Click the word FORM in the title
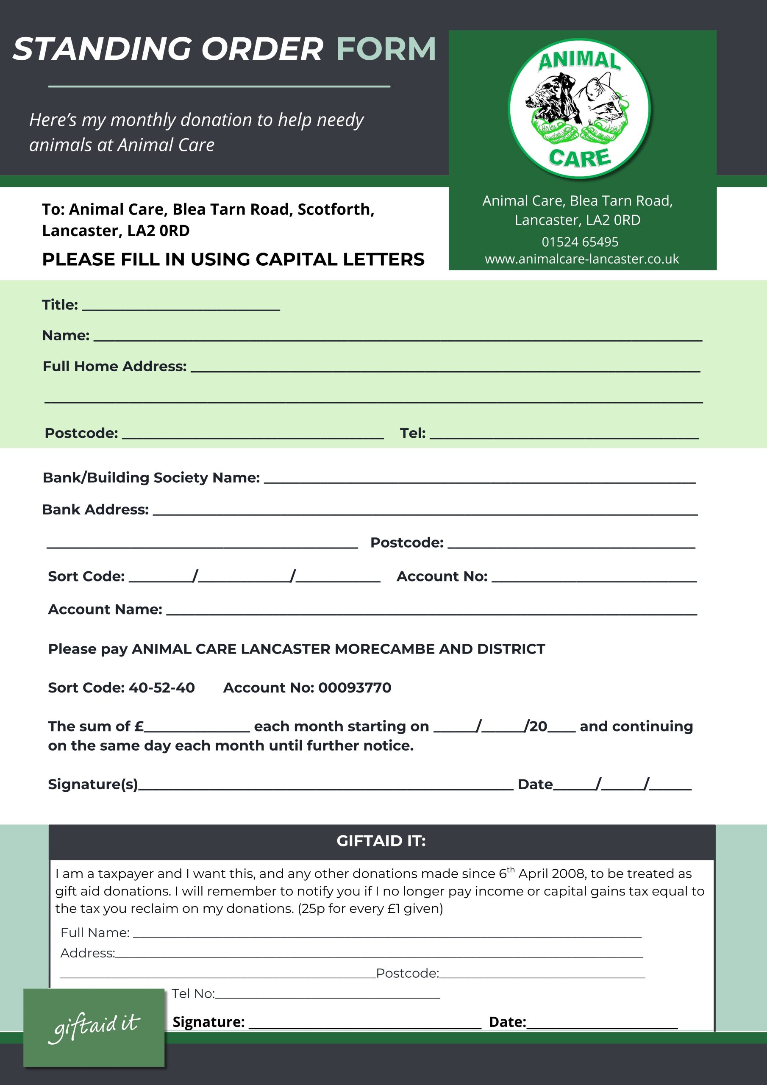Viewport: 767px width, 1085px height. click(386, 49)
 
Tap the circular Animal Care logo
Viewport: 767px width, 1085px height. click(579, 108)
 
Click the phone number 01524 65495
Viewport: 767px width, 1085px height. click(580, 242)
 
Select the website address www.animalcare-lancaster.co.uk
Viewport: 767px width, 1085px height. click(582, 259)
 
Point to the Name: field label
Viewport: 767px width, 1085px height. click(66, 336)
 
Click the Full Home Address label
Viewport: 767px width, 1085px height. click(115, 366)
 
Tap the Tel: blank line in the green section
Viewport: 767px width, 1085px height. click(564, 435)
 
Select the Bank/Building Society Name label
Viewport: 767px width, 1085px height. click(151, 478)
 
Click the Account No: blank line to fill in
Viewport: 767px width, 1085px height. click(594, 578)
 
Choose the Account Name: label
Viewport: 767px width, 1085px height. click(105, 609)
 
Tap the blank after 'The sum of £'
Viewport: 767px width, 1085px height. click(197, 727)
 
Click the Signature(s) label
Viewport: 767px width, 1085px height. click(93, 785)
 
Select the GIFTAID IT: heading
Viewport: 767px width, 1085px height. click(381, 841)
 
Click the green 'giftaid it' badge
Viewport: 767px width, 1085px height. click(94, 1027)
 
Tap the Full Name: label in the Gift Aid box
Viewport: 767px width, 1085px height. click(95, 932)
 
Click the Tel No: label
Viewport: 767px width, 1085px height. click(193, 993)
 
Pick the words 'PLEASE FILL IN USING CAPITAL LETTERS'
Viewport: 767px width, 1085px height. click(233, 259)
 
